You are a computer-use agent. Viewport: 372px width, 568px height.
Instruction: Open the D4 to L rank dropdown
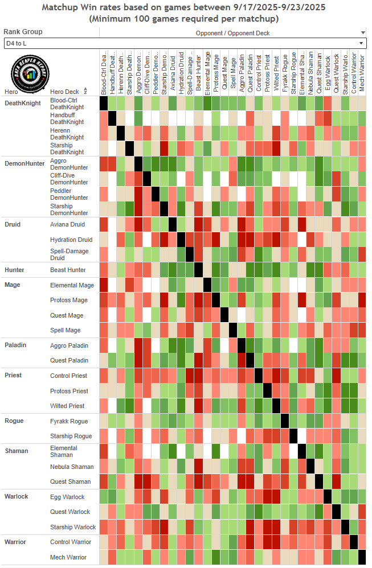coord(185,43)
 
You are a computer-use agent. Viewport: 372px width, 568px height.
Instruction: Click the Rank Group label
coord(23,32)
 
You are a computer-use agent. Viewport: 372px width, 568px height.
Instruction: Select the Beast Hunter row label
coord(68,270)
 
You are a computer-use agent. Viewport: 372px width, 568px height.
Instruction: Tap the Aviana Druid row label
coord(67,224)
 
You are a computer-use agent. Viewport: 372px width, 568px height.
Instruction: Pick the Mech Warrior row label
coord(68,557)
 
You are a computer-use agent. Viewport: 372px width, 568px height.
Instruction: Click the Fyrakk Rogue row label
coord(69,421)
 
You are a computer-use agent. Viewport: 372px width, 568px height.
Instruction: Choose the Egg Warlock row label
coord(67,497)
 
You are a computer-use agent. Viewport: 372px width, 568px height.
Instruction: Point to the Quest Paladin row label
coord(69,360)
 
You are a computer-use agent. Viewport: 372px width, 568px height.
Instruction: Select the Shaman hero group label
coord(17,451)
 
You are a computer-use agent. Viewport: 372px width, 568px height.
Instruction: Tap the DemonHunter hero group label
coord(24,163)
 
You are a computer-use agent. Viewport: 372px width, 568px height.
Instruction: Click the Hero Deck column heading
coord(64,92)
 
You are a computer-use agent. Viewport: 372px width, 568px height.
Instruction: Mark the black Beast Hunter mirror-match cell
coord(198,270)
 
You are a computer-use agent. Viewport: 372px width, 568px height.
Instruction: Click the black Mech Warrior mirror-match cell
coord(362,557)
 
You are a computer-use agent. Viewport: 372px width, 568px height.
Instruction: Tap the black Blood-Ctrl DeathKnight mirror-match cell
coord(104,103)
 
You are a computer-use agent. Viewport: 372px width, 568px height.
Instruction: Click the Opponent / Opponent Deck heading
coord(232,33)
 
